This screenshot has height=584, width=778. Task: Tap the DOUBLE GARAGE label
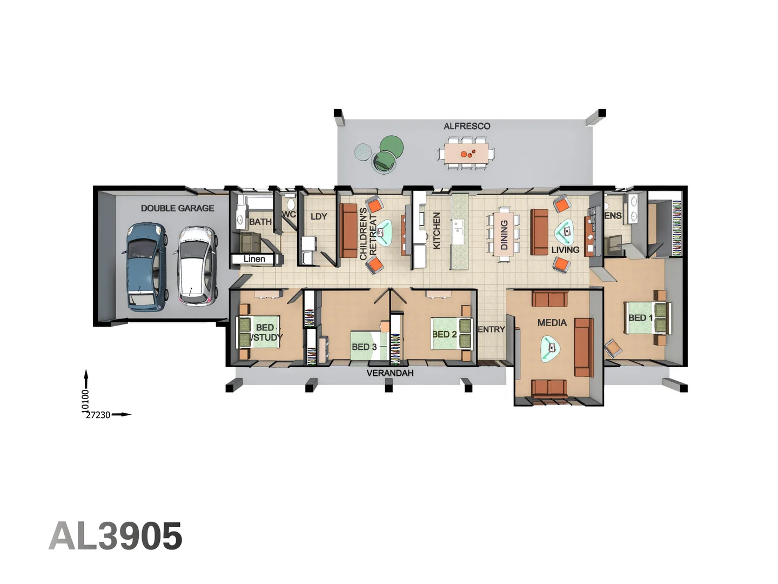tap(177, 208)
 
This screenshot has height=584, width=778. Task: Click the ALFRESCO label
tap(467, 126)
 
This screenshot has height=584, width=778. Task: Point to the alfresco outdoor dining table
tap(466, 154)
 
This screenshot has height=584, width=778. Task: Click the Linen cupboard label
tap(254, 259)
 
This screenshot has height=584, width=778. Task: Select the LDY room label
tap(319, 216)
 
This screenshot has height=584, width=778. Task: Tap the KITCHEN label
tap(437, 230)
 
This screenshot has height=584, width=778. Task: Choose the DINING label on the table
tap(504, 235)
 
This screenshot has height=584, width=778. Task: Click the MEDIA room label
tap(552, 323)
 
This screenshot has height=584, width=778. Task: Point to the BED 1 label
tap(640, 318)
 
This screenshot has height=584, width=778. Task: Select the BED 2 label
tap(444, 334)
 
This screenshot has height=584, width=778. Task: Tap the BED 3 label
tap(364, 347)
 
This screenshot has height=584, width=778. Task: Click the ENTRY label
tap(491, 329)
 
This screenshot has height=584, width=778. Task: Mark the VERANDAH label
tap(390, 373)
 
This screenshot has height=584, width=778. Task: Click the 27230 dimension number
tap(98, 415)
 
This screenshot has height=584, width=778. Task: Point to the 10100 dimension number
tap(85, 401)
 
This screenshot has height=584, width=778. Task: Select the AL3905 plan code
tap(116, 536)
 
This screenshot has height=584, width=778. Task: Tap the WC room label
tap(289, 215)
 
